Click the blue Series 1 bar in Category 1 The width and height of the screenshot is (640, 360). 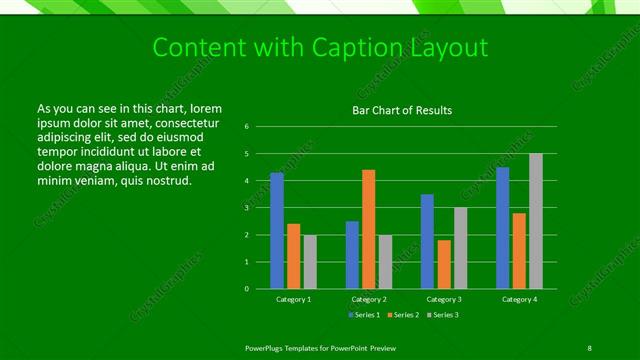277,231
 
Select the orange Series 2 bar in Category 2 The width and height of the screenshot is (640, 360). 368,229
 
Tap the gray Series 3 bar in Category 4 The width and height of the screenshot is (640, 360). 536,221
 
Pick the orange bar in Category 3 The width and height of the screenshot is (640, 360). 443,264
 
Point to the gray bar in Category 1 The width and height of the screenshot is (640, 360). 310,262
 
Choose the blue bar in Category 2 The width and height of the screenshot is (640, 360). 352,255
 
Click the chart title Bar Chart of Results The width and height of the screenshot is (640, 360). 403,110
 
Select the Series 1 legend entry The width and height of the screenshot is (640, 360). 365,315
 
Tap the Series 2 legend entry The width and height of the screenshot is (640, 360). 404,315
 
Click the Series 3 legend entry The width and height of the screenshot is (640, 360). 443,315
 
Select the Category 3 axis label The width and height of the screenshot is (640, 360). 444,299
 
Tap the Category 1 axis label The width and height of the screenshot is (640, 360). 294,299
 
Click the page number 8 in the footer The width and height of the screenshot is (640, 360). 589,346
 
